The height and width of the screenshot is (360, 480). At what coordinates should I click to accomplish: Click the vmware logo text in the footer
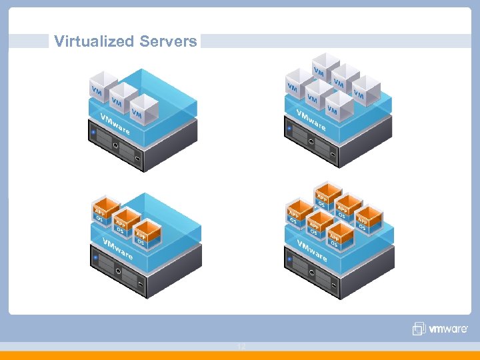click(448, 329)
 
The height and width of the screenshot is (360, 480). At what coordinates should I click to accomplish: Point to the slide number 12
click(241, 347)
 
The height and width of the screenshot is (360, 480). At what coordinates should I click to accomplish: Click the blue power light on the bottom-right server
click(290, 256)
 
